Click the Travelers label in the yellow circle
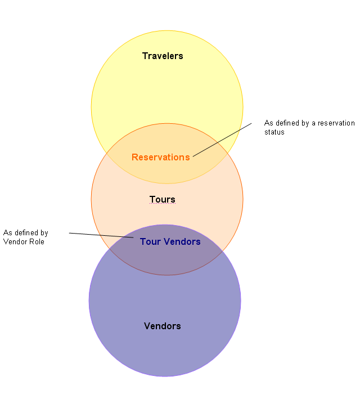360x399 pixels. pos(163,56)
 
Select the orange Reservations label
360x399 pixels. pos(160,157)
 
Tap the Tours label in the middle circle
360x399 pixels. pos(162,199)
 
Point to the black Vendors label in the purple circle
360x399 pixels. pos(163,326)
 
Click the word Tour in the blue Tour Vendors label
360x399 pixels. pos(149,242)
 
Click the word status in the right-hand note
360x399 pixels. pos(274,132)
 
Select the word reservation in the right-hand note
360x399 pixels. pos(334,123)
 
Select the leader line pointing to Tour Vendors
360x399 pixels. pos(101,235)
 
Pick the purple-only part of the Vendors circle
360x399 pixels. pos(165,349)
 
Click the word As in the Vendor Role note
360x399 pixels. pos(7,232)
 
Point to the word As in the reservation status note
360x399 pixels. pos(268,123)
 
